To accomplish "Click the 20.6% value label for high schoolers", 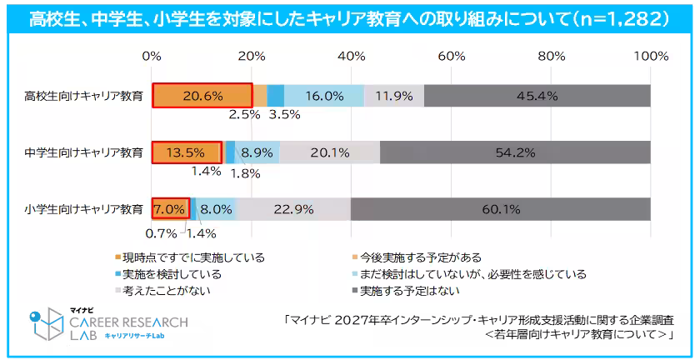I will click(x=202, y=96).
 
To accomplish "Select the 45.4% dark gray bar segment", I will click(x=537, y=96).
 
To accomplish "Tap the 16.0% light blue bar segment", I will click(x=324, y=96).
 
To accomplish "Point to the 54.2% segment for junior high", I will click(x=515, y=152).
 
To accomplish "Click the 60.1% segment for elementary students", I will click(x=500, y=209).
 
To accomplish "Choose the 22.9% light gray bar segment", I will click(x=293, y=209).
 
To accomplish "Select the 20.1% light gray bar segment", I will click(x=329, y=152).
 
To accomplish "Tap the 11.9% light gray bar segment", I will click(x=394, y=96).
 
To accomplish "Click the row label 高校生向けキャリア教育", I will click(x=83, y=96).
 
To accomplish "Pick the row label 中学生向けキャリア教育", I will click(x=83, y=152).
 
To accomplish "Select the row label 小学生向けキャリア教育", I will click(x=83, y=209).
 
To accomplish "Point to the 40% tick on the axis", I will click(x=352, y=57).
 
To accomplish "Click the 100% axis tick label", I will click(x=650, y=57).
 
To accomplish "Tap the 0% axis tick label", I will click(x=152, y=57).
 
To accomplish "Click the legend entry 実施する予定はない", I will click(x=408, y=291).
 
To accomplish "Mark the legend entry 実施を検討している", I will click(x=172, y=273).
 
